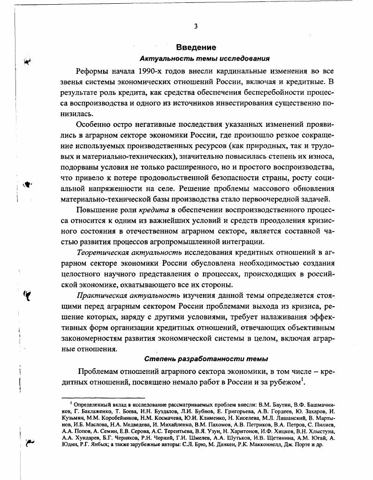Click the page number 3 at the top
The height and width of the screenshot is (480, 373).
pos(195,26)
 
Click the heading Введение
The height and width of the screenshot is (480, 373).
pos(196,47)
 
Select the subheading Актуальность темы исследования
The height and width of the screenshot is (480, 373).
pos(205,59)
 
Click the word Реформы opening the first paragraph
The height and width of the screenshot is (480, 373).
pos(92,71)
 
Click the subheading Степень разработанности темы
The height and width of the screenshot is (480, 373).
pos(206,359)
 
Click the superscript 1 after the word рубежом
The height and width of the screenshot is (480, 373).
pos(303,379)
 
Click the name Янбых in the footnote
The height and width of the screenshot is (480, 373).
pos(97,443)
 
